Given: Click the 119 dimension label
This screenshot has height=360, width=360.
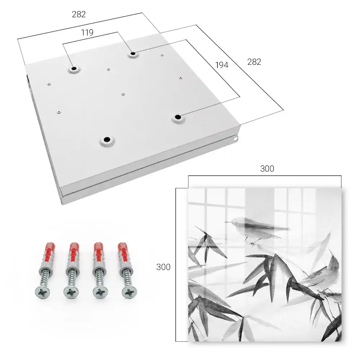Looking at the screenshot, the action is [87, 33].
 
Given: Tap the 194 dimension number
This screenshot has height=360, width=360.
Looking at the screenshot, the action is [222, 65].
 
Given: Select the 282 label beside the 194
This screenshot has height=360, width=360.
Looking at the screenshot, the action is [254, 62].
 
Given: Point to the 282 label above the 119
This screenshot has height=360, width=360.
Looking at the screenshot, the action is [79, 14].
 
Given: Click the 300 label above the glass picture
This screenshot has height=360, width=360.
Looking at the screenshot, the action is [267, 169].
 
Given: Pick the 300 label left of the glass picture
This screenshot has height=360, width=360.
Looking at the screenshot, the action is [163, 267].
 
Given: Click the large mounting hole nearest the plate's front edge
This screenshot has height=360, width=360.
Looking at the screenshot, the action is [107, 139].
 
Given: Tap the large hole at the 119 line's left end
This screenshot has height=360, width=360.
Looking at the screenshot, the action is [74, 68].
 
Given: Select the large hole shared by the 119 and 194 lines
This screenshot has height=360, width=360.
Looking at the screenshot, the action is [133, 54].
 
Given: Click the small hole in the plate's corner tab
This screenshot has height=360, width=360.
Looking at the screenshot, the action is [235, 139].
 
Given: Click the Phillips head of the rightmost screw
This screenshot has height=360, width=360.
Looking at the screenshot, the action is [129, 292].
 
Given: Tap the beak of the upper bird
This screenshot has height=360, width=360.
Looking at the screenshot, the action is [228, 222].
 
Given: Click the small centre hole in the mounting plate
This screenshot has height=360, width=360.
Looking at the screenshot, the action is [123, 94].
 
